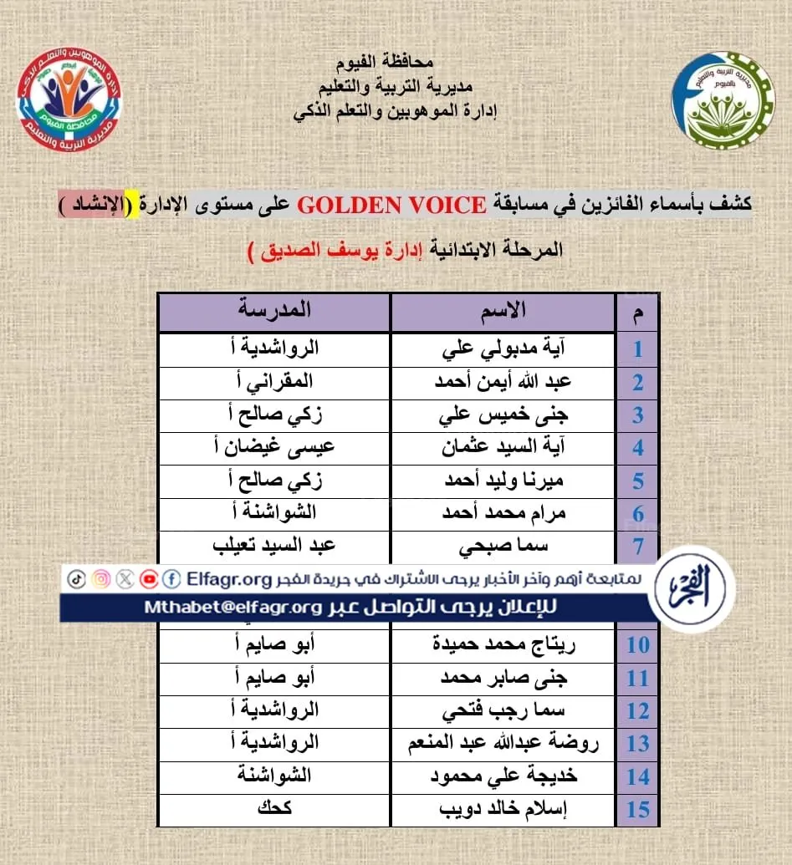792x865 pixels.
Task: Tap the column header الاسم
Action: pyautogui.click(x=503, y=310)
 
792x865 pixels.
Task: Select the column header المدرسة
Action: pyautogui.click(x=273, y=310)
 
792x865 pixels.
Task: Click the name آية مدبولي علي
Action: pyautogui.click(x=503, y=349)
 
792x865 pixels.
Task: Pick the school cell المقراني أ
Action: pyautogui.click(x=273, y=382)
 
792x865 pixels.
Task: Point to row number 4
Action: pyautogui.click(x=638, y=447)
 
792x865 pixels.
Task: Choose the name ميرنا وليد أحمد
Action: pyautogui.click(x=503, y=481)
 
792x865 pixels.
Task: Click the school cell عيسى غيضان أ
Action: pyautogui.click(x=273, y=447)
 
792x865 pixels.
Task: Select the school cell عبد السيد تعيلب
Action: pyautogui.click(x=273, y=547)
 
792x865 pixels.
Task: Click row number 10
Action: pyautogui.click(x=638, y=645)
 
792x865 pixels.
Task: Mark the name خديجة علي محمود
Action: pyautogui.click(x=503, y=776)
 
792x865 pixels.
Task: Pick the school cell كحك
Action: pyautogui.click(x=273, y=809)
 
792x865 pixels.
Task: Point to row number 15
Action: pyautogui.click(x=638, y=810)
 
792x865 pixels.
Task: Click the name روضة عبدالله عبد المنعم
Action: pyautogui.click(x=503, y=743)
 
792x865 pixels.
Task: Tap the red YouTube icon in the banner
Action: pyautogui.click(x=150, y=578)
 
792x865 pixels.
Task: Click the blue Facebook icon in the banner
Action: pyautogui.click(x=172, y=578)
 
